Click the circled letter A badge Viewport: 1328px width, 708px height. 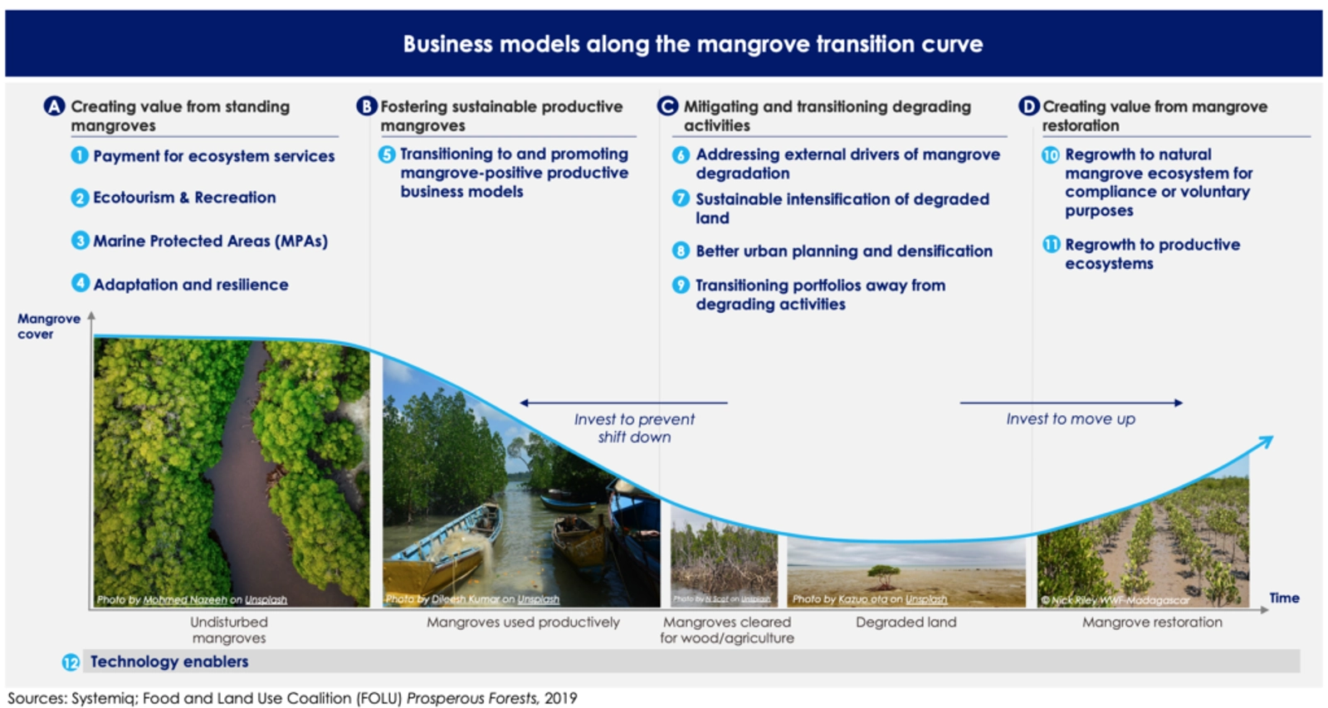[54, 106]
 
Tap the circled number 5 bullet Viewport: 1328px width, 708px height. [387, 154]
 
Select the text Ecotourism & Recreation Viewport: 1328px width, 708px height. [184, 198]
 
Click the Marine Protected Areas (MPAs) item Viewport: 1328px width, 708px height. [210, 241]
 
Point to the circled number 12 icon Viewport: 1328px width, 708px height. [71, 662]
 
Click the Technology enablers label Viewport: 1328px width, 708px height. [169, 662]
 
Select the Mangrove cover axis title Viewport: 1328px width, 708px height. [48, 326]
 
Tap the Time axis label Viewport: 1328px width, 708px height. [1283, 598]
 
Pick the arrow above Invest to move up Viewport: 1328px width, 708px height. [1071, 403]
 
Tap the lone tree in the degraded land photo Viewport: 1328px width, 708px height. [883, 574]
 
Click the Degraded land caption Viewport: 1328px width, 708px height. [906, 622]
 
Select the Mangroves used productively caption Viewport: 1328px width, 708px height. [523, 622]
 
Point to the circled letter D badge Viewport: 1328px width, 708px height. [1028, 106]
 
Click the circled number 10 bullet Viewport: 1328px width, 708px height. [1051, 155]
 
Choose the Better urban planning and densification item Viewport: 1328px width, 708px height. [843, 251]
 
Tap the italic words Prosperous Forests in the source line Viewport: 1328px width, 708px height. [471, 698]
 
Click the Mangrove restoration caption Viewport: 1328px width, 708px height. [1151, 622]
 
